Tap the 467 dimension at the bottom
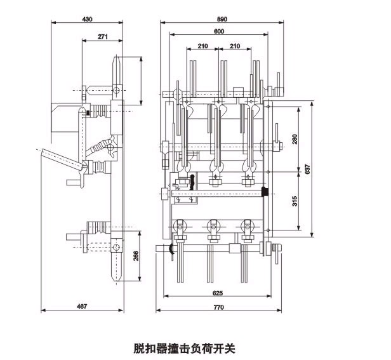click(x=82, y=307)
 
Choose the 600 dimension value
click(x=219, y=31)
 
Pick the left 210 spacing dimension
click(x=203, y=46)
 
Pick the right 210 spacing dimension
click(x=235, y=46)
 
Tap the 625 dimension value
click(x=217, y=294)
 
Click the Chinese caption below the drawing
click(x=185, y=347)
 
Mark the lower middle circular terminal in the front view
click(x=213, y=225)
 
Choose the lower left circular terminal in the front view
click(x=181, y=225)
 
